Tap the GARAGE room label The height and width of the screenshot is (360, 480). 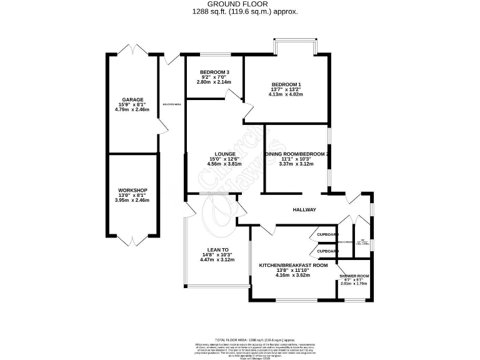click(x=132, y=99)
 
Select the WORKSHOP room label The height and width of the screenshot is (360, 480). click(x=132, y=190)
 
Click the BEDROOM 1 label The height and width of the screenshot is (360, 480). click(x=286, y=84)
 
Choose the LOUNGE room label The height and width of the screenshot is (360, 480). click(x=224, y=154)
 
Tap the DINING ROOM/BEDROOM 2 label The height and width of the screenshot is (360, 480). click(x=297, y=154)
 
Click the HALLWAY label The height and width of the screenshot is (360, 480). click(x=305, y=210)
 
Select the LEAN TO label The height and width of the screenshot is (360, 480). click(x=216, y=249)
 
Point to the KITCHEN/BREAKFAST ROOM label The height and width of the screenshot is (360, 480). click(x=293, y=265)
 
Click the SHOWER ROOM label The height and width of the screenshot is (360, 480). click(x=354, y=276)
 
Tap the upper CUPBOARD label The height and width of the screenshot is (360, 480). click(x=327, y=234)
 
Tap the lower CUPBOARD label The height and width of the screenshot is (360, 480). click(x=327, y=251)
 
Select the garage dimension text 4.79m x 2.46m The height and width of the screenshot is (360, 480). click(x=132, y=110)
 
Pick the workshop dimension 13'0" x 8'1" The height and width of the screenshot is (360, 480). click(x=132, y=195)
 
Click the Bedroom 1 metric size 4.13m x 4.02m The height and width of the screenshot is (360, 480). click(x=286, y=95)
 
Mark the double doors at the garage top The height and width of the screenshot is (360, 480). click(x=132, y=50)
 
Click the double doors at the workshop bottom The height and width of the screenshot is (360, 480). click(x=132, y=239)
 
